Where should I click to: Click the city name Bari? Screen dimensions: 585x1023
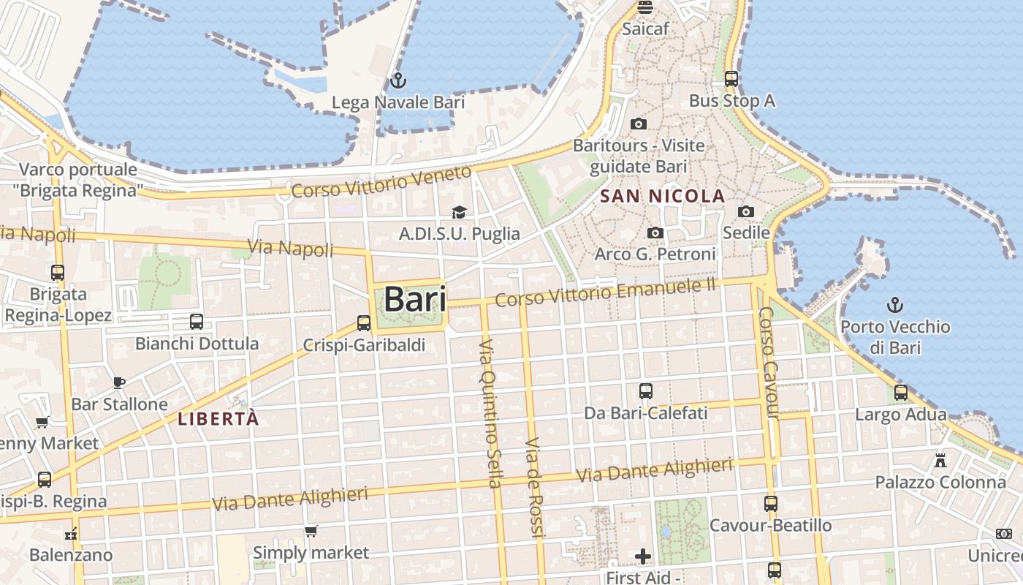pyautogui.click(x=414, y=299)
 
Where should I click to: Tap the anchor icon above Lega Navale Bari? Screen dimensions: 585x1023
pyautogui.click(x=398, y=80)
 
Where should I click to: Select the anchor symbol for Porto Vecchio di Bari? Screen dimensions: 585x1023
pyautogui.click(x=895, y=304)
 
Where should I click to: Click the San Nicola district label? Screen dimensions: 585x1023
pyautogui.click(x=662, y=196)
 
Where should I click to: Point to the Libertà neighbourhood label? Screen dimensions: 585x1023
pyautogui.click(x=218, y=419)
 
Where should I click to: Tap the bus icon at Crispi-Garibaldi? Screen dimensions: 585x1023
pyautogui.click(x=364, y=322)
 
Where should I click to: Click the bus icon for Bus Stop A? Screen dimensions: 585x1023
pyautogui.click(x=731, y=79)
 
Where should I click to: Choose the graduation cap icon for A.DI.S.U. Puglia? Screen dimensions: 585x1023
pyautogui.click(x=459, y=212)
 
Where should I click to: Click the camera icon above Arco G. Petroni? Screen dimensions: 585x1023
pyautogui.click(x=655, y=233)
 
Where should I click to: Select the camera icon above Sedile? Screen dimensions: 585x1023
pyautogui.click(x=746, y=211)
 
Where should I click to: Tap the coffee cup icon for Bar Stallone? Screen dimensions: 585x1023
pyautogui.click(x=119, y=382)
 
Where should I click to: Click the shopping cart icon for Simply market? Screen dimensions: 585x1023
pyautogui.click(x=311, y=531)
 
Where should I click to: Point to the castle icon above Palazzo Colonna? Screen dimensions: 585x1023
pyautogui.click(x=940, y=461)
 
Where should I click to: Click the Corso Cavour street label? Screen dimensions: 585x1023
pyautogui.click(x=768, y=363)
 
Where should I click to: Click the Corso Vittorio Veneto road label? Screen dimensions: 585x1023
pyautogui.click(x=381, y=182)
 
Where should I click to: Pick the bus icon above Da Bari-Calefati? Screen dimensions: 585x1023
pyautogui.click(x=646, y=391)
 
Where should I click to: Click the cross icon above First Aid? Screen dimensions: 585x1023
pyautogui.click(x=643, y=556)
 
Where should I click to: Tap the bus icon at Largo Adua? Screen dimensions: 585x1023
pyautogui.click(x=901, y=393)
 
